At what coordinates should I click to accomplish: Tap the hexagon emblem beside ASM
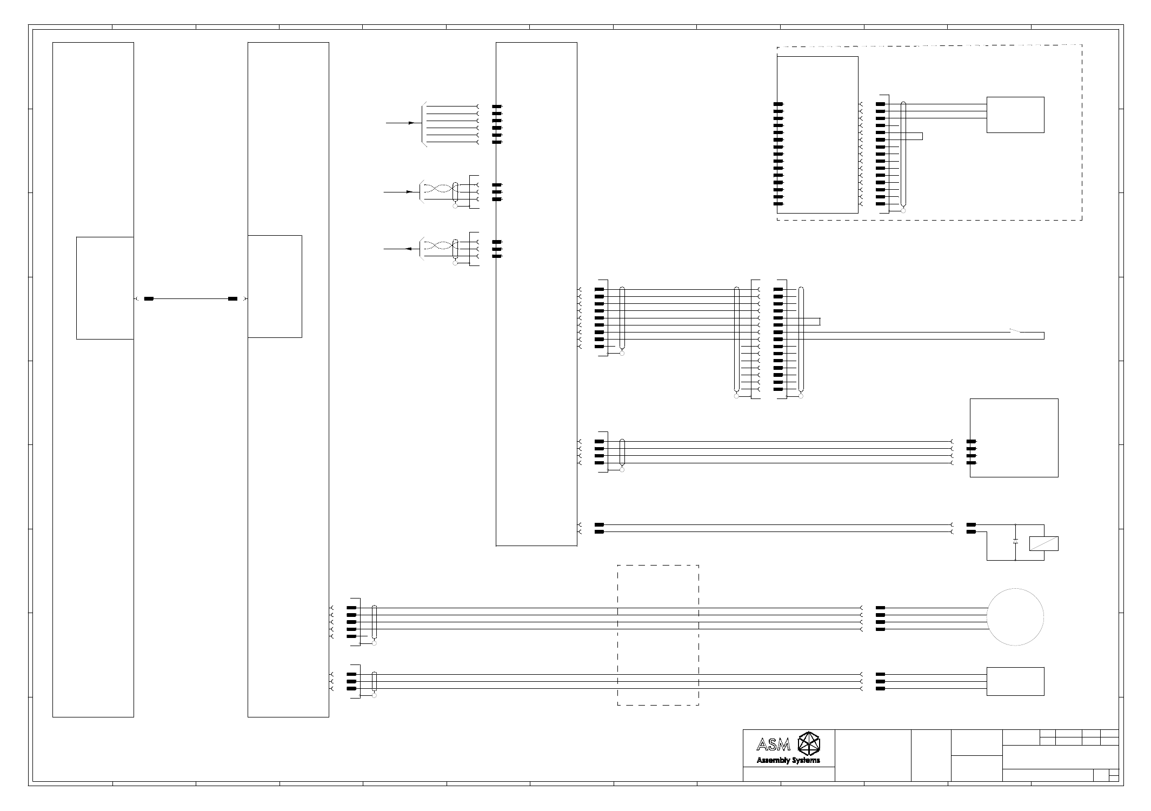click(x=809, y=743)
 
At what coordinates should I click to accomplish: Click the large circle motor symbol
click(x=1015, y=617)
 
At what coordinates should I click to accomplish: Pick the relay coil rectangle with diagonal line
click(x=1044, y=543)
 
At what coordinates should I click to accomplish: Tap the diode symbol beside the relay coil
click(x=1015, y=541)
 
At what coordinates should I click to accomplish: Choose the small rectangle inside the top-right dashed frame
click(x=1015, y=115)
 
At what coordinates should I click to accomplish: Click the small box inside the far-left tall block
click(x=105, y=288)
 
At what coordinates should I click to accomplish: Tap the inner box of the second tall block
click(x=275, y=286)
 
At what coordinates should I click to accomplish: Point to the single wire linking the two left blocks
click(x=191, y=298)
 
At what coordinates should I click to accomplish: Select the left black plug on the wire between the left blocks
click(x=149, y=298)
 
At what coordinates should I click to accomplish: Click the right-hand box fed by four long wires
click(x=1014, y=437)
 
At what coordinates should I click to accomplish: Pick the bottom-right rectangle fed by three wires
click(x=1015, y=681)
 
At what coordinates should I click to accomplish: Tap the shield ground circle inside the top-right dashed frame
click(x=903, y=211)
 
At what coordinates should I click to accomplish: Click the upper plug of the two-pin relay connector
click(x=971, y=524)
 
